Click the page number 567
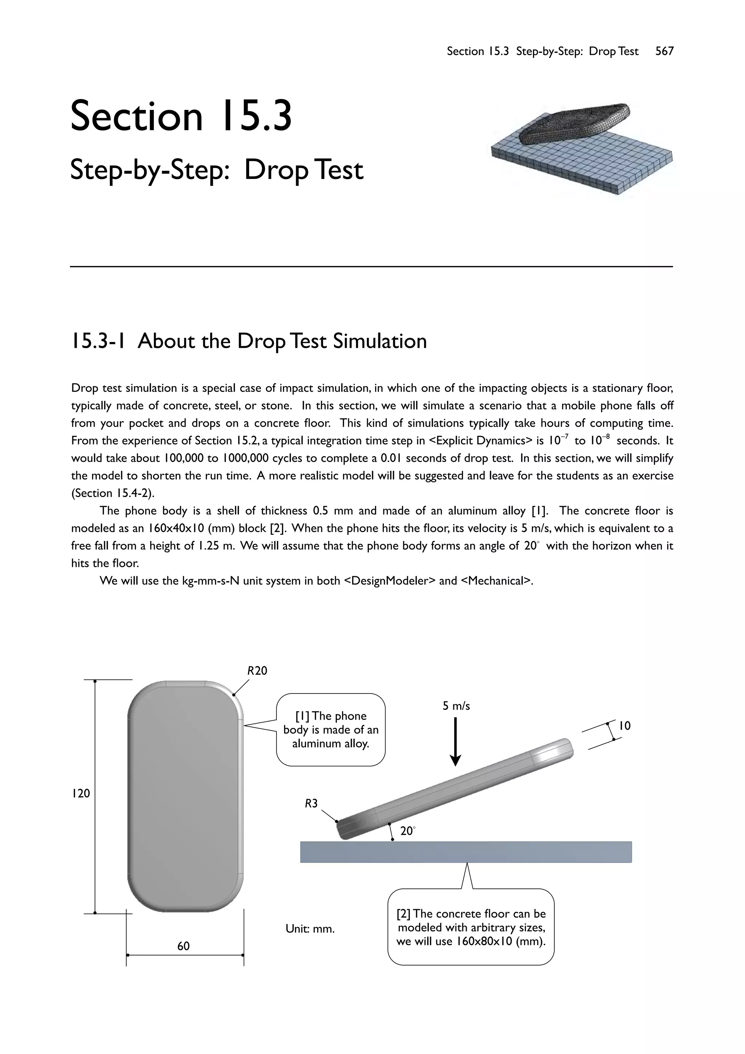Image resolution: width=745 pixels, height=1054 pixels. [664, 51]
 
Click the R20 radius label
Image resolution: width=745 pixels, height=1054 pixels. [257, 671]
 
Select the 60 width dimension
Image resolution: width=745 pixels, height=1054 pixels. [183, 946]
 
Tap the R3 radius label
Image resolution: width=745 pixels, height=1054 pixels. [311, 803]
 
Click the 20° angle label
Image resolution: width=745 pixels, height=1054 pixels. [407, 831]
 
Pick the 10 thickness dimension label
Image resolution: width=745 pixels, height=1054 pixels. [625, 726]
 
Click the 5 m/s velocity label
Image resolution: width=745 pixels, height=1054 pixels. [456, 706]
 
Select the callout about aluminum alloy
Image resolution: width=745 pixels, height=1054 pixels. [331, 730]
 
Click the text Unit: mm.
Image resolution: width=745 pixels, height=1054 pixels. [310, 929]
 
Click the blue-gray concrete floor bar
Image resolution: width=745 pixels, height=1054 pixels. [466, 852]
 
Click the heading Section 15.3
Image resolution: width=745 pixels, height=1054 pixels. [181, 116]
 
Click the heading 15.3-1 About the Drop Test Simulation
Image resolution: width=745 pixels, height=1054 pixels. [248, 341]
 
